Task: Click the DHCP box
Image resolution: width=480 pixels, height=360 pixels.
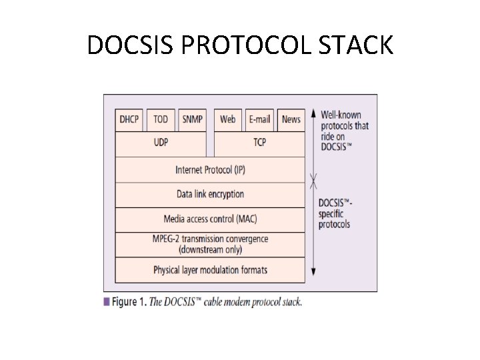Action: click(x=129, y=119)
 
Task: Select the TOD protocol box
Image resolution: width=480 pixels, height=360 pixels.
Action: click(x=161, y=119)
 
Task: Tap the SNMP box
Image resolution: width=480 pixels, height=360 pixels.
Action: click(x=192, y=119)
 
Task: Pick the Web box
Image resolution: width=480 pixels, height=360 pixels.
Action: click(x=228, y=119)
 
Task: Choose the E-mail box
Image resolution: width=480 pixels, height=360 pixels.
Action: click(x=259, y=119)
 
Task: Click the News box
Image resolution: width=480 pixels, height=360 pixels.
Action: click(x=291, y=119)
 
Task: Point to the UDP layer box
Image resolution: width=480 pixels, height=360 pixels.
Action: click(x=161, y=143)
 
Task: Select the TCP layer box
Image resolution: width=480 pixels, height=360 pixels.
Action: click(x=259, y=143)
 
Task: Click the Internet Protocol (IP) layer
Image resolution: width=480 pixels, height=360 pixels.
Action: click(x=210, y=169)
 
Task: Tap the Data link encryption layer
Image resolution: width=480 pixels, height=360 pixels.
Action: click(x=210, y=195)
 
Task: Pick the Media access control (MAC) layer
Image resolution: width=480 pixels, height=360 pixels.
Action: click(x=210, y=219)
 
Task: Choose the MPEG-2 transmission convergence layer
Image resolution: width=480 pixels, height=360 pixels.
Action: click(x=210, y=244)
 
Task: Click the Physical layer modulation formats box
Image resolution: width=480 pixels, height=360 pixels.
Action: click(x=210, y=270)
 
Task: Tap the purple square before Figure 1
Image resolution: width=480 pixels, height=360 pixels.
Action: click(x=107, y=301)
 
